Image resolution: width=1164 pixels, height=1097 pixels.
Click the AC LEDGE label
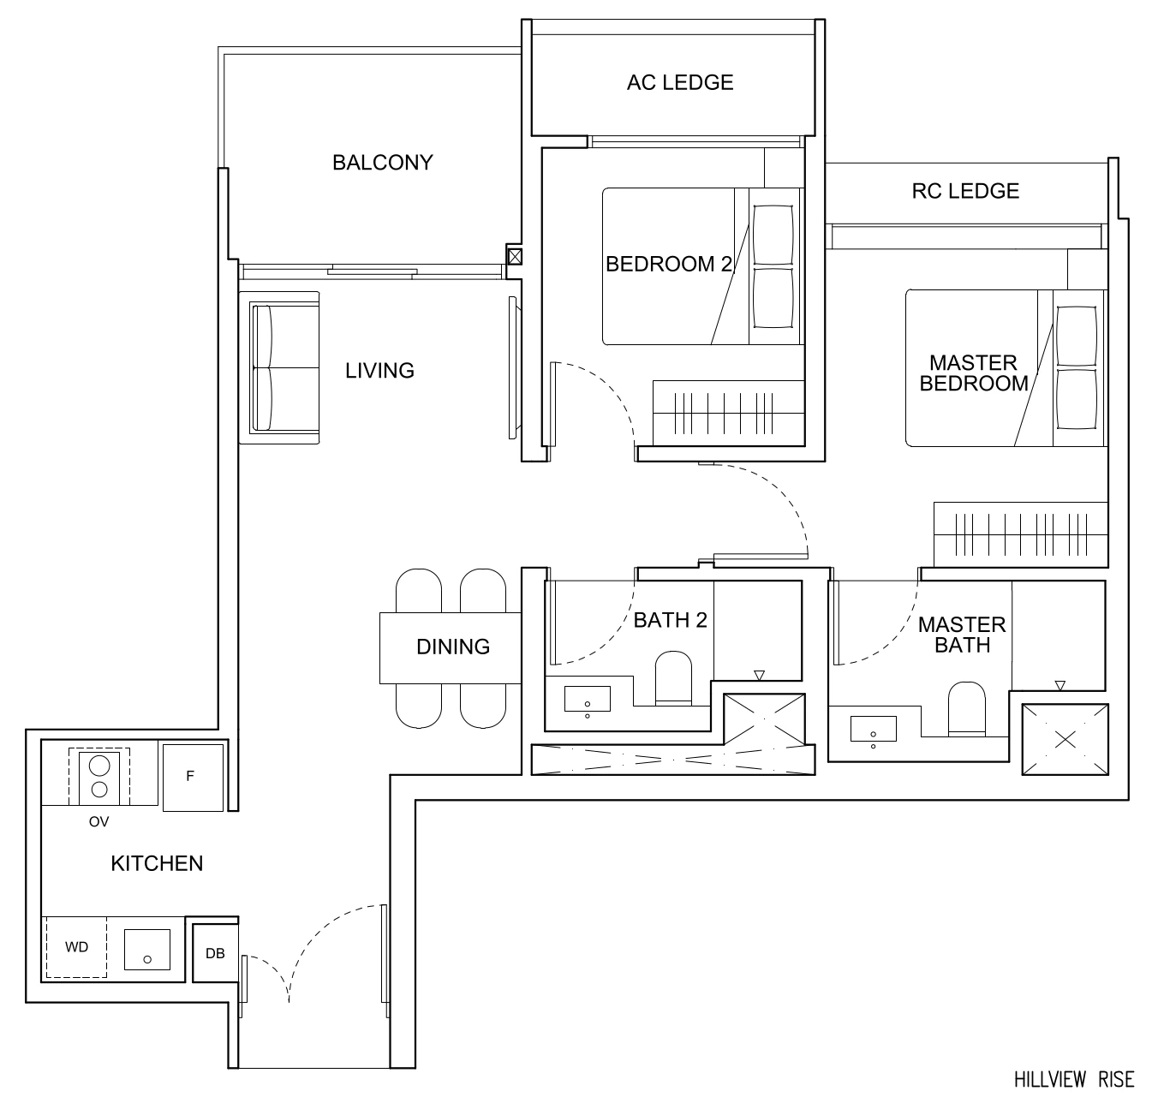coord(680,82)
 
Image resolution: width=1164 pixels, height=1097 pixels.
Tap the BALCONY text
coord(382,162)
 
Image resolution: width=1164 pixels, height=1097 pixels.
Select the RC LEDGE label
coord(965,191)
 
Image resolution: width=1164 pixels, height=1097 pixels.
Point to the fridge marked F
coord(191,777)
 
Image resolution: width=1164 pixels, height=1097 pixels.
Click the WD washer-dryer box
coord(76,947)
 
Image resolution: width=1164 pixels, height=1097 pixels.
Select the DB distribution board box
coord(215,953)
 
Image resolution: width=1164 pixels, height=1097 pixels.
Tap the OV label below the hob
coord(98,822)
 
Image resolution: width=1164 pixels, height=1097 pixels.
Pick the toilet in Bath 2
coord(673,679)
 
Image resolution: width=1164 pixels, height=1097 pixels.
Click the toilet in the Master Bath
coord(967,709)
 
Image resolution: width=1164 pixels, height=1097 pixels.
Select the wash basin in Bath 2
coord(588,700)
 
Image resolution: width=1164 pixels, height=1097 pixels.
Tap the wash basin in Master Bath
coord(873,730)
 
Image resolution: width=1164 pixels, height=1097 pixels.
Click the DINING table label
coord(452,647)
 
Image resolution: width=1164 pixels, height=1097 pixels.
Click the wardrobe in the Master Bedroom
coord(1019,534)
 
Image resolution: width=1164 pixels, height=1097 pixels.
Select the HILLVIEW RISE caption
coord(1074,1078)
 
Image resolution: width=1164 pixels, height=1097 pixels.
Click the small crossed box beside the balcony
coord(515,255)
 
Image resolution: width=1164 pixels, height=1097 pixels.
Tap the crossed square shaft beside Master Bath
coord(1065,739)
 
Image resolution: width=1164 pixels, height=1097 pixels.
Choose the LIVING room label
coord(379,370)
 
